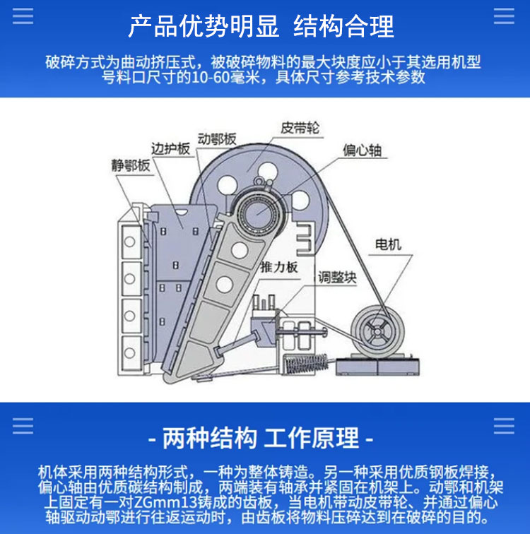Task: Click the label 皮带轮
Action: click(300, 128)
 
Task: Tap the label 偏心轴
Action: click(362, 150)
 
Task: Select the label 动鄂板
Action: click(217, 139)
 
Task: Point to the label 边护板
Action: click(170, 149)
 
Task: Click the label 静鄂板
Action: click(131, 165)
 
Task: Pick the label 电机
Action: click(388, 244)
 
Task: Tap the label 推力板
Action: click(279, 267)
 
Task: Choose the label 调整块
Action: click(337, 278)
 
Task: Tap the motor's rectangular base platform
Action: click(378, 366)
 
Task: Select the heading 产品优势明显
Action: click(204, 26)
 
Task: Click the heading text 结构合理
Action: click(343, 26)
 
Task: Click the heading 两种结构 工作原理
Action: click(261, 438)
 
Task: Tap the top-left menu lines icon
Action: click(23, 16)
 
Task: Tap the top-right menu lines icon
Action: click(504, 16)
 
